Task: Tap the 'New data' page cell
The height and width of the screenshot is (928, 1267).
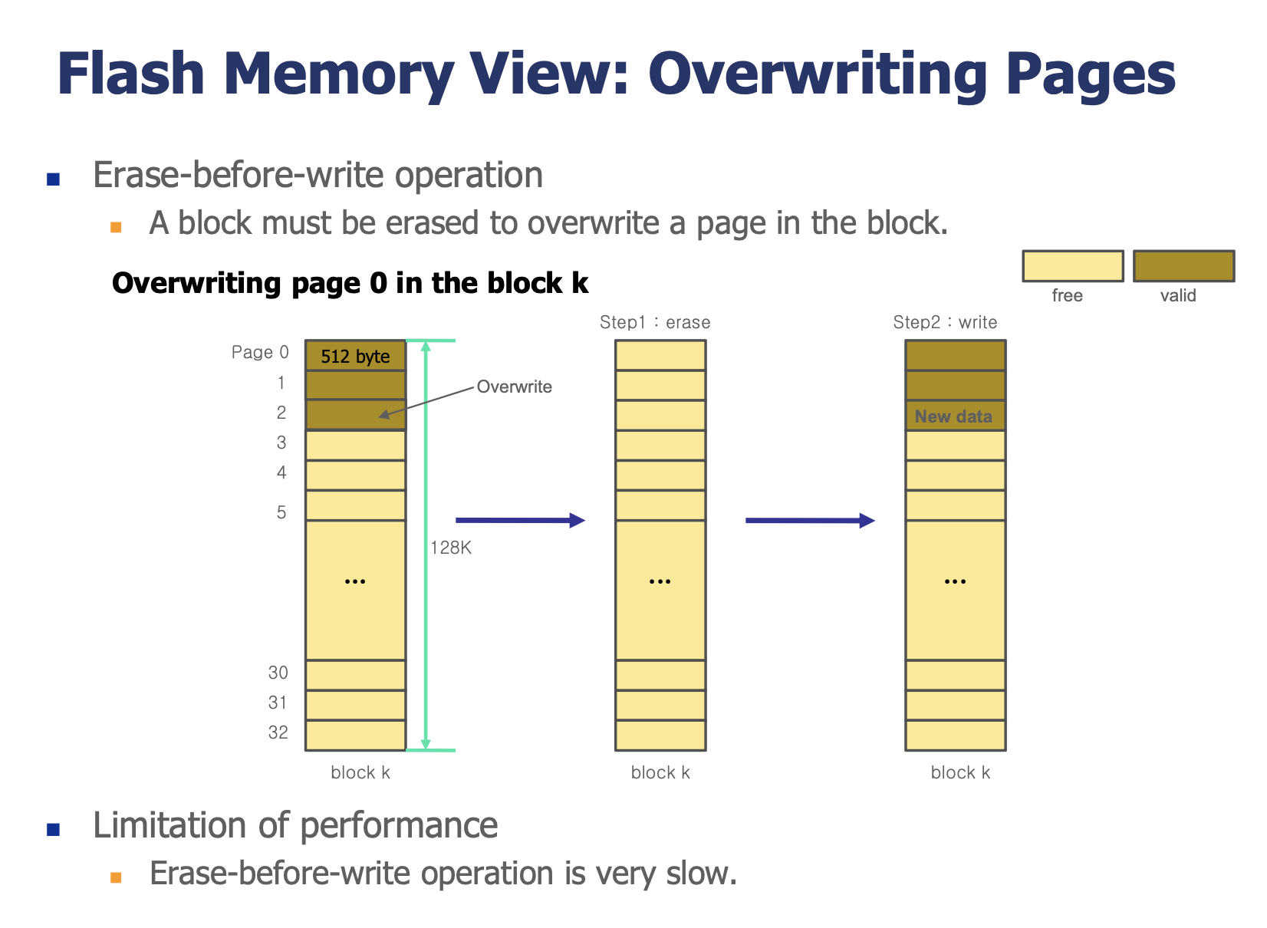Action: point(956,416)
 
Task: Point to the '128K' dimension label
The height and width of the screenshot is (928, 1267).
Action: point(452,548)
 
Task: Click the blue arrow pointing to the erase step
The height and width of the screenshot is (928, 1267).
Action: point(521,521)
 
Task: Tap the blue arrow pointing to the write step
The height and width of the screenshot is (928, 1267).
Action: point(811,521)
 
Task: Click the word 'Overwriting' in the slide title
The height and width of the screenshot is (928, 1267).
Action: point(817,74)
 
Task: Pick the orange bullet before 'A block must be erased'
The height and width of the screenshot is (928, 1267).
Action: point(117,228)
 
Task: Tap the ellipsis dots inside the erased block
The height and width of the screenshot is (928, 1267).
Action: point(660,582)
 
